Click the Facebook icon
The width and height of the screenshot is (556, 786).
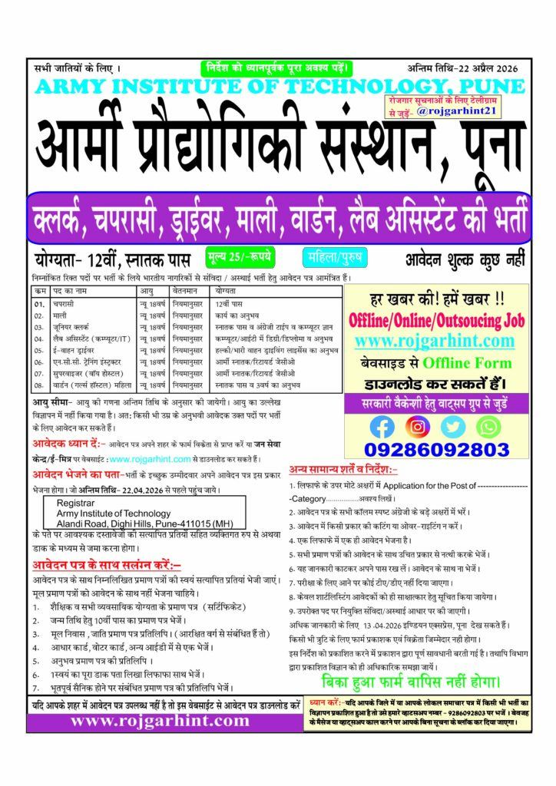(x=382, y=426)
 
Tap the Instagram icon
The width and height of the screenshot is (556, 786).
(x=417, y=426)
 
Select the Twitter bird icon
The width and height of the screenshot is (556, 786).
(x=452, y=426)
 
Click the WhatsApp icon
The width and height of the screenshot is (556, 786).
(x=488, y=426)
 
